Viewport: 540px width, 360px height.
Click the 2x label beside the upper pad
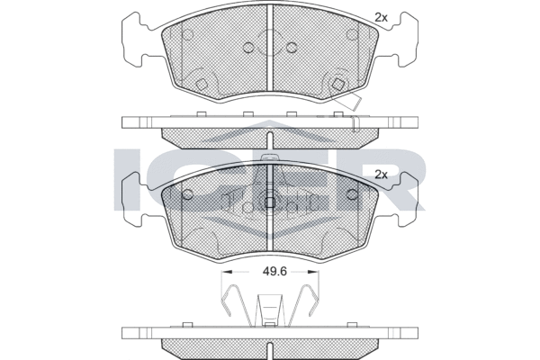coord(381,18)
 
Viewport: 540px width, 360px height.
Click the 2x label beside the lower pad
coord(381,175)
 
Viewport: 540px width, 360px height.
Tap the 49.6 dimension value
coord(274,272)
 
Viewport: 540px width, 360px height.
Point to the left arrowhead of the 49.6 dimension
coord(225,272)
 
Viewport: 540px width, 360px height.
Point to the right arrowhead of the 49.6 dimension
coord(314,272)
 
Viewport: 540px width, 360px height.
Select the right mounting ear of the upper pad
coord(403,39)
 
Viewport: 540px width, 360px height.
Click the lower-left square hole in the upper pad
coord(201,84)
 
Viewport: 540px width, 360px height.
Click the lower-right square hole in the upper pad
coord(338,84)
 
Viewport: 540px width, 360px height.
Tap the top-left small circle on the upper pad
coord(187,35)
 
